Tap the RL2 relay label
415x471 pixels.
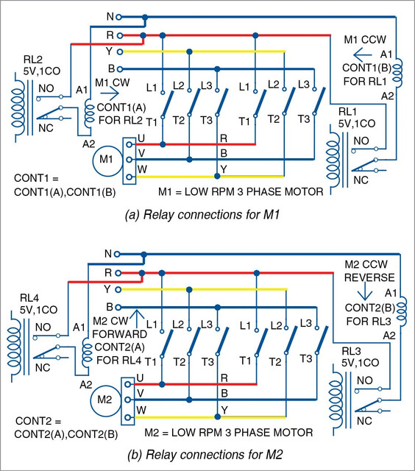click(33, 59)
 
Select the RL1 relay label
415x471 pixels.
click(347, 112)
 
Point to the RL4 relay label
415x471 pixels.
click(29, 298)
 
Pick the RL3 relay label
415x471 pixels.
click(351, 351)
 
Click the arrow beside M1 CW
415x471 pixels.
click(110, 93)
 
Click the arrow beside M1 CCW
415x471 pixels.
click(363, 55)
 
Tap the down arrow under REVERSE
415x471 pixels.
click(365, 291)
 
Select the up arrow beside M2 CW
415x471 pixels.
click(137, 319)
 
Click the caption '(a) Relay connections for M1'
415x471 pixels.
click(202, 215)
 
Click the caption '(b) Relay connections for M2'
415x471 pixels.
click(205, 455)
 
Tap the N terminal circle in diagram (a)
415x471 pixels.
click(118, 17)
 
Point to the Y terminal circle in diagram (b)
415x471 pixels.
click(118, 289)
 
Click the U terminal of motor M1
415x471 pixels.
click(129, 144)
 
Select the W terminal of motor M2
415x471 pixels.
click(128, 417)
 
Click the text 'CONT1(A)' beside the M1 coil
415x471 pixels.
click(121, 107)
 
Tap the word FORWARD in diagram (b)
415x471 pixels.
click(119, 334)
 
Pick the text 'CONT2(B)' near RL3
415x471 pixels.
click(369, 308)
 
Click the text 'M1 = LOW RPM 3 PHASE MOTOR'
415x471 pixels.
click(241, 191)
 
